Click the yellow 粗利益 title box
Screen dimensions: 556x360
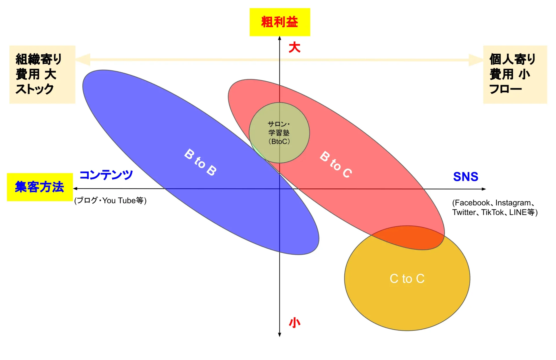point(280,22)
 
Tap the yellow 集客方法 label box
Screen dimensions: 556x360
point(40,187)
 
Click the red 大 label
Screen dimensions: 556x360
point(295,47)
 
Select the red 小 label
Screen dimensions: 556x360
point(295,322)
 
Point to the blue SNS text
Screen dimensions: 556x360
point(466,177)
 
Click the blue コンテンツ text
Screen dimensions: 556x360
point(106,175)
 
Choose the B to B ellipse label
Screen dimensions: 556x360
point(200,162)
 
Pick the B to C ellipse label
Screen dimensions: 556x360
point(336,165)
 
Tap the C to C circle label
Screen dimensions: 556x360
point(407,279)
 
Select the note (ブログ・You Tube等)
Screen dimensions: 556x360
point(110,201)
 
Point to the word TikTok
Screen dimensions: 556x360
point(493,212)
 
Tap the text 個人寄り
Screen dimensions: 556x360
point(513,59)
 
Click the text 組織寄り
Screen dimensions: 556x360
point(39,59)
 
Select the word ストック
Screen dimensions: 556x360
point(35,89)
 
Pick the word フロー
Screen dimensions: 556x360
point(506,89)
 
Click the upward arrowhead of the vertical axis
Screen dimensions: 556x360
point(279,38)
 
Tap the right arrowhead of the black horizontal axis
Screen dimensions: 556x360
point(484,189)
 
